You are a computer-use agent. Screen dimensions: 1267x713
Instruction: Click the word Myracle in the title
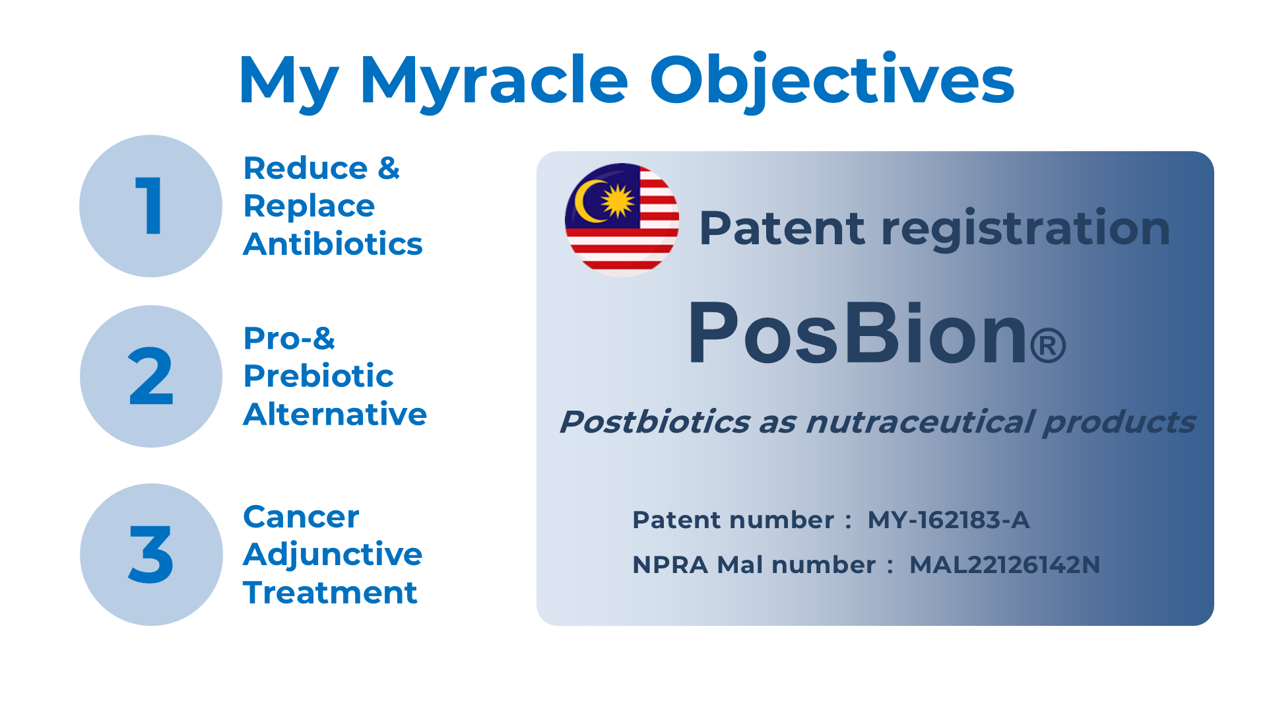click(x=494, y=82)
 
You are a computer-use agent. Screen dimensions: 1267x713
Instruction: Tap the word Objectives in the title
click(x=832, y=81)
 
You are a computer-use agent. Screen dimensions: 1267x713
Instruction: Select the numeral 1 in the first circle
click(x=150, y=205)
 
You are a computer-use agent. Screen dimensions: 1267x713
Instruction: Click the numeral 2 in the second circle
click(x=150, y=376)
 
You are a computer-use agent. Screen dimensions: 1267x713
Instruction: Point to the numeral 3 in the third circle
click(x=151, y=555)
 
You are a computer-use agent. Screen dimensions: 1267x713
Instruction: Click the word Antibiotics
click(x=333, y=244)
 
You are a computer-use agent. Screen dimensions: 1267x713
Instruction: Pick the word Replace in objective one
click(x=309, y=207)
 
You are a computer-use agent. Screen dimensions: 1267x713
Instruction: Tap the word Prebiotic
click(x=318, y=376)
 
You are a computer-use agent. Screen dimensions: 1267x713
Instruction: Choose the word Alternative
click(x=335, y=414)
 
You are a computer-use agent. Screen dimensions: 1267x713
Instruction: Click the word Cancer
click(x=301, y=517)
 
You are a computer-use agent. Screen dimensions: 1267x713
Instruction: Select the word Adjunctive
click(x=333, y=555)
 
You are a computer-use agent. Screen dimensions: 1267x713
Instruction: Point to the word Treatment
click(x=330, y=592)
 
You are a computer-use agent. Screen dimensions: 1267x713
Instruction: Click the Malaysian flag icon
click(x=622, y=219)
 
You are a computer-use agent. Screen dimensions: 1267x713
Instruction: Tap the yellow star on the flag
click(x=618, y=201)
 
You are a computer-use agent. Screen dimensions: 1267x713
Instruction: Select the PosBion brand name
click(x=876, y=333)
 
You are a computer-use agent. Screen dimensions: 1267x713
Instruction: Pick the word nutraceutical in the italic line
click(x=920, y=422)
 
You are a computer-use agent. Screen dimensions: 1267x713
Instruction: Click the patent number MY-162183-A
click(x=948, y=520)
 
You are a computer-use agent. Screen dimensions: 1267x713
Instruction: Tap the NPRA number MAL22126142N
click(x=1004, y=565)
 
